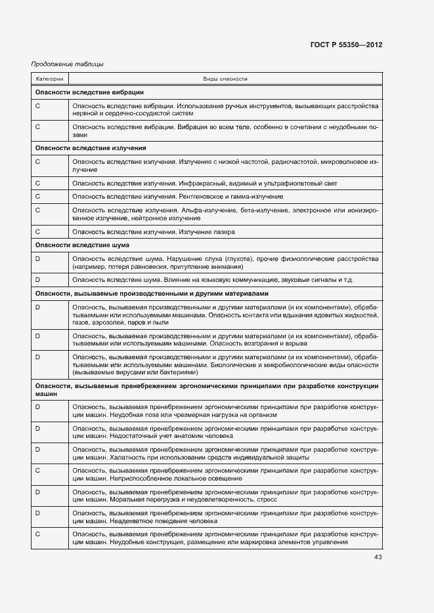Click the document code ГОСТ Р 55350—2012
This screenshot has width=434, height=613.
pos(346,45)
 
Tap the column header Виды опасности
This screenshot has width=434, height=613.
pos(225,79)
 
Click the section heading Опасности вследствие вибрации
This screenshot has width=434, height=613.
pos(89,92)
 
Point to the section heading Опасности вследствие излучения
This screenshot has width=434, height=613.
pos(91,148)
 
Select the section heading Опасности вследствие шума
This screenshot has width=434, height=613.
pos(82,245)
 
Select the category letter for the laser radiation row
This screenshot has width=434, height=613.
pos(37,231)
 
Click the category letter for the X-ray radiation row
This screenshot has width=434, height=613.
pos(37,197)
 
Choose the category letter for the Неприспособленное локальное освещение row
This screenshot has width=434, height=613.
pos(37,470)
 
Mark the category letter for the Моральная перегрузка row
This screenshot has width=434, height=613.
pos(37,491)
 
